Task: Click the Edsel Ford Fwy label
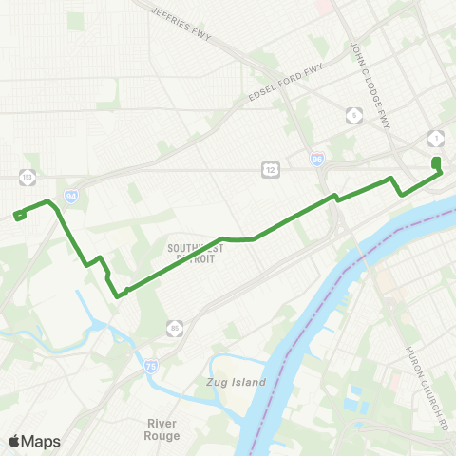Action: pyautogui.click(x=285, y=84)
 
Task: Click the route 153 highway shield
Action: pyautogui.click(x=26, y=176)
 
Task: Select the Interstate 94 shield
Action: pyautogui.click(x=71, y=197)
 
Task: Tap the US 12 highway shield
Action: pyautogui.click(x=270, y=168)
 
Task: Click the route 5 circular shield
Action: pyautogui.click(x=354, y=116)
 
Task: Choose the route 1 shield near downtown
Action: pyautogui.click(x=435, y=137)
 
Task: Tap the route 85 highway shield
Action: pyautogui.click(x=174, y=329)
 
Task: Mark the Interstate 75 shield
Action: pyautogui.click(x=151, y=365)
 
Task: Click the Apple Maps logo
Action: pyautogui.click(x=34, y=441)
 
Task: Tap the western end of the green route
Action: pyautogui.click(x=17, y=216)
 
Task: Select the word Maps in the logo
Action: pyautogui.click(x=42, y=441)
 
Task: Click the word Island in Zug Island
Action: pyautogui.click(x=250, y=382)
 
